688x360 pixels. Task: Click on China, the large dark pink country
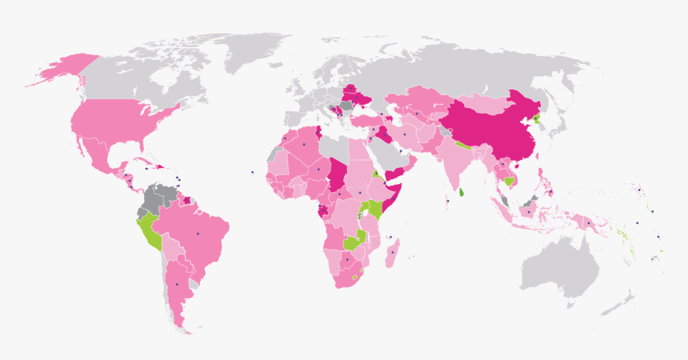[488, 128]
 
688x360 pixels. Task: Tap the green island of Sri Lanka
[462, 192]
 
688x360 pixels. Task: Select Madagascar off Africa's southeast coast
[393, 256]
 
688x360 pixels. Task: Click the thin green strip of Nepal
[462, 146]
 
